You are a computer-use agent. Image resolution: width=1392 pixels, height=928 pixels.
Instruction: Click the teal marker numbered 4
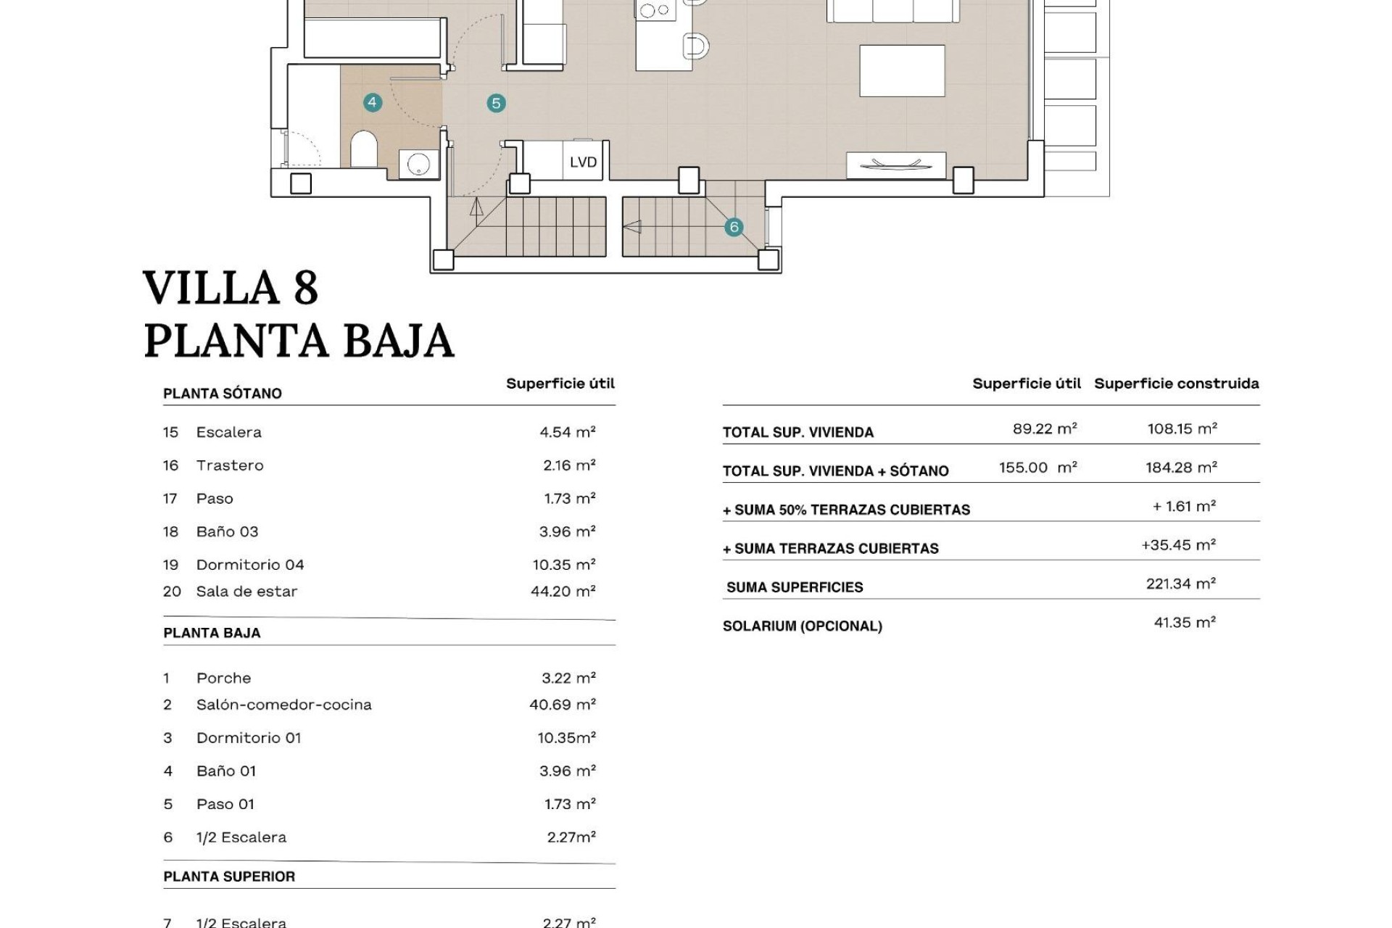coord(372,102)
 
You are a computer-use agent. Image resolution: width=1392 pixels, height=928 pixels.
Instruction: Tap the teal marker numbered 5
coord(496,103)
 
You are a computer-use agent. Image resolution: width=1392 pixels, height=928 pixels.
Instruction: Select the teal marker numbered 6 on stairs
coord(734,227)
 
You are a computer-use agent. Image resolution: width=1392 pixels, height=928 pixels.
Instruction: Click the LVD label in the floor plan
coord(583,162)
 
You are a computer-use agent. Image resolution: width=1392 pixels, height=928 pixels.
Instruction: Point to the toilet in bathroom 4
coord(364,149)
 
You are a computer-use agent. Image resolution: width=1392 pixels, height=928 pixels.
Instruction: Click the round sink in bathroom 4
coord(418,164)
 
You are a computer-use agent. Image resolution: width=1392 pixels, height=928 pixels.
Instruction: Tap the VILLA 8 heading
coord(231,288)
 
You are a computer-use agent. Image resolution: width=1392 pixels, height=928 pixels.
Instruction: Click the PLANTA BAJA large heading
coord(299,341)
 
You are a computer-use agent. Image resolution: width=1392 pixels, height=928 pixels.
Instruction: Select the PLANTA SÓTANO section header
coord(222,394)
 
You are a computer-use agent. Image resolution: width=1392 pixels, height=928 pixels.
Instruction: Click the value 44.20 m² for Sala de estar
coord(563,592)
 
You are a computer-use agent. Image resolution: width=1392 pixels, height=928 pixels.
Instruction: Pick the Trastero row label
coord(229,465)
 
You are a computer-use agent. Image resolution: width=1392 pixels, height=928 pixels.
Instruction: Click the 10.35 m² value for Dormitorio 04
coord(563,565)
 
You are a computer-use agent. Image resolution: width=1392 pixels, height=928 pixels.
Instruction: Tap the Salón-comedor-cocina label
coord(283,705)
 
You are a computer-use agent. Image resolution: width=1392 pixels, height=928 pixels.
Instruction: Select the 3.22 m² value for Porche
coord(568,678)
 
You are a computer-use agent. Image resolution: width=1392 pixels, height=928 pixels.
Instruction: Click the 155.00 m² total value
coord(1037,468)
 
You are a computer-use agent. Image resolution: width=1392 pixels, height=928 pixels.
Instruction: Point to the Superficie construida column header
coord(1176,384)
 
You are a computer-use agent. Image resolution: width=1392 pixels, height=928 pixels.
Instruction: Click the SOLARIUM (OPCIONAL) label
coord(802,626)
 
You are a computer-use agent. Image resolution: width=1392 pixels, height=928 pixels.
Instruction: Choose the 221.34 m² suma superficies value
coord(1180,584)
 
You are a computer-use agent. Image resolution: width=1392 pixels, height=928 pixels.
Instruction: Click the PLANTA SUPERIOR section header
coord(229,877)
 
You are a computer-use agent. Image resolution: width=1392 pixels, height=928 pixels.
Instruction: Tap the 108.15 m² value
coord(1182,428)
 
